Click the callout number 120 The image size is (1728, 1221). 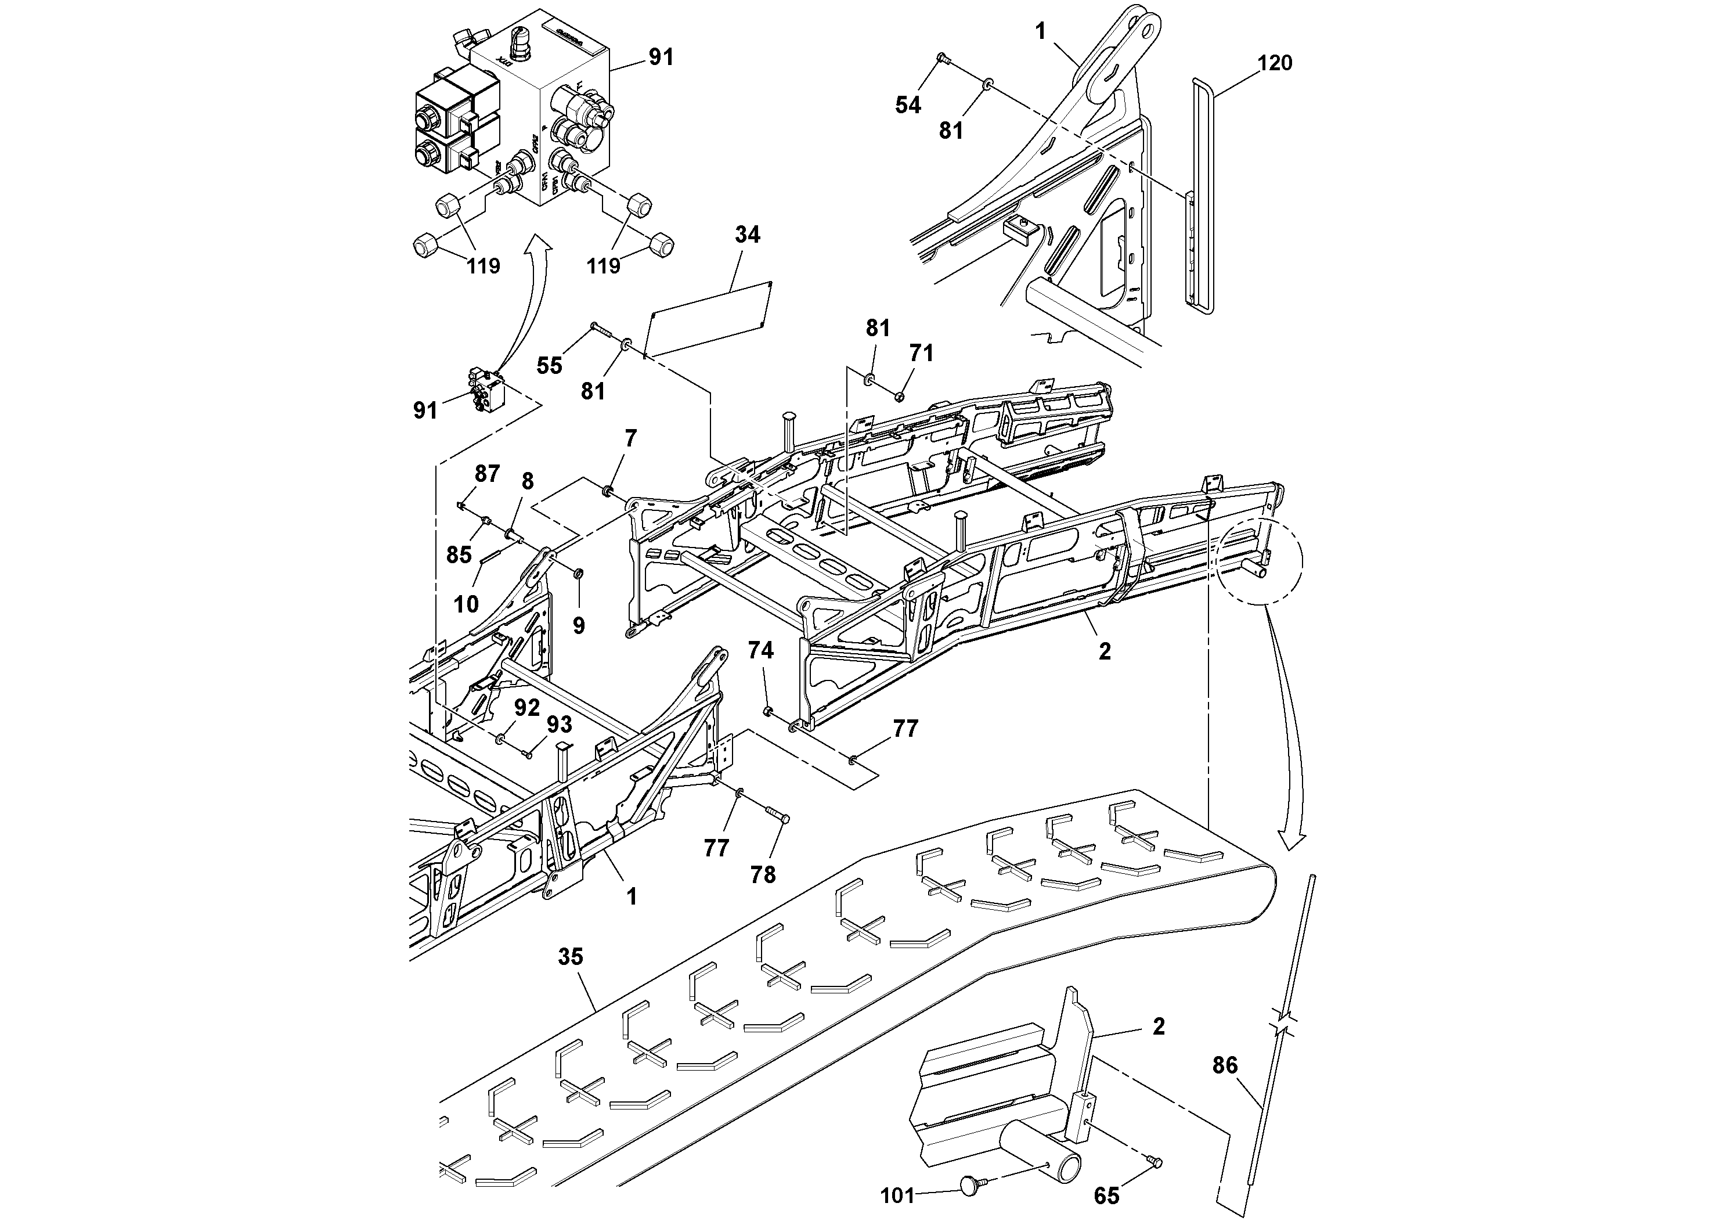[x=1275, y=63]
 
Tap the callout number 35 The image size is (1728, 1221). [x=571, y=957]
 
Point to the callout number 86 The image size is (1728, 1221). [x=1225, y=1065]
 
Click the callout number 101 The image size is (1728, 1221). [x=897, y=1195]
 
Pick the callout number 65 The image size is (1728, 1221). [x=1106, y=1196]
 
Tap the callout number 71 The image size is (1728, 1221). [x=921, y=353]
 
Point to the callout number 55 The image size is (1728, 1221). [x=550, y=366]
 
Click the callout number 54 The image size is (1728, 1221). [x=908, y=106]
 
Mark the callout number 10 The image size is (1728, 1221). [x=466, y=604]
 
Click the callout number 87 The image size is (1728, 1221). [x=487, y=474]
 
